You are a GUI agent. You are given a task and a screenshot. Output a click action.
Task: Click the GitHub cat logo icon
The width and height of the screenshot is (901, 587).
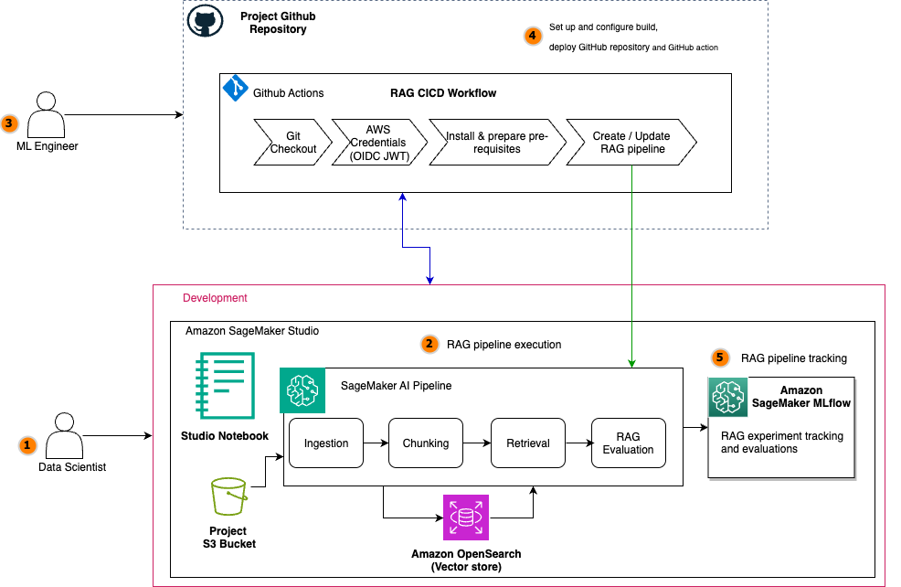[x=206, y=21]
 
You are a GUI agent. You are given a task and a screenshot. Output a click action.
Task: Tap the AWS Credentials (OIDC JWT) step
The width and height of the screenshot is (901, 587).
[x=378, y=142]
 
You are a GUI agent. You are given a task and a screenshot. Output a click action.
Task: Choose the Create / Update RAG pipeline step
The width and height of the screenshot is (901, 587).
[x=631, y=142]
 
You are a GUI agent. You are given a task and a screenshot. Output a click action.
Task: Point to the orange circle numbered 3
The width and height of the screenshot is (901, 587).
[x=10, y=123]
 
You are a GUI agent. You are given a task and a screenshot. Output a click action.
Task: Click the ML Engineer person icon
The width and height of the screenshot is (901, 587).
[x=47, y=114]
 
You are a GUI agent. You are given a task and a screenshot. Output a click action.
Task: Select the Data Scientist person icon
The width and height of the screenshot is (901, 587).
[x=63, y=436]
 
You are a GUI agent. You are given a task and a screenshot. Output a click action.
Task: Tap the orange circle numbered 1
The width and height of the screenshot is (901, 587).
[x=26, y=445]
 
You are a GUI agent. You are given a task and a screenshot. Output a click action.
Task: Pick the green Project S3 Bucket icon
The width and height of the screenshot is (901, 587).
[x=229, y=499]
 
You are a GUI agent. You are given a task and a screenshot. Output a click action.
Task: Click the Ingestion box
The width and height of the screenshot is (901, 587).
[x=326, y=443]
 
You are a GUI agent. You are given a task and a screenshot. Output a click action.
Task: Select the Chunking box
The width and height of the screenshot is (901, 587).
[x=426, y=443]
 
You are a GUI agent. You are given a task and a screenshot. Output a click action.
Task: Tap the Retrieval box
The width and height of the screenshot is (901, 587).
[x=528, y=443]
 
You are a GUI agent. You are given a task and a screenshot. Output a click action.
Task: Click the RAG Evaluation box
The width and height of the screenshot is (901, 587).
[x=628, y=443]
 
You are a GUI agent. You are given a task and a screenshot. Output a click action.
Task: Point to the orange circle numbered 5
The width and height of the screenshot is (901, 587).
[x=721, y=358]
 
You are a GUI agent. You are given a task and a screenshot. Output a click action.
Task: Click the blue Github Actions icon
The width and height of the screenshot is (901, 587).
[x=236, y=89]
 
